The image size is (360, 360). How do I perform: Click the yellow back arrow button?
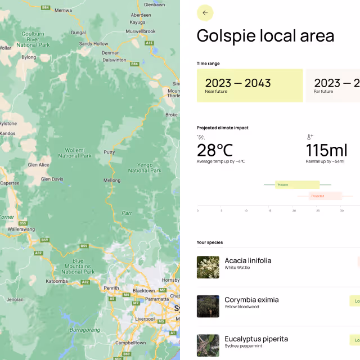[205, 13]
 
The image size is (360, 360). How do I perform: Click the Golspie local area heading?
[265, 36]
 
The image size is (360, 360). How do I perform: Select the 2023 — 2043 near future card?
[249, 85]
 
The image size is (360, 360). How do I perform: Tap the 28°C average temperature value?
[215, 150]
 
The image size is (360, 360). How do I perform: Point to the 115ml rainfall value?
[326, 150]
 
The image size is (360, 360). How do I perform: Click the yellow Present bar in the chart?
[297, 184]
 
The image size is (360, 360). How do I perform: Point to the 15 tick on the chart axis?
[270, 211]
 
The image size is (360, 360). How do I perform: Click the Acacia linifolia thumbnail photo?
[208, 267]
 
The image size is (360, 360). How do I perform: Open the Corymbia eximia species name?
[251, 300]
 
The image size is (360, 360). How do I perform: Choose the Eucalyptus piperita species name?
[256, 339]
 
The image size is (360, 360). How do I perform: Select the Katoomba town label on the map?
[57, 281]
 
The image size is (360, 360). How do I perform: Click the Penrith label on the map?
[111, 288]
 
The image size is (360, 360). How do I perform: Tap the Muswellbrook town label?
[141, 31]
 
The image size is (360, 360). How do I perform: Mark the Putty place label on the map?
[109, 152]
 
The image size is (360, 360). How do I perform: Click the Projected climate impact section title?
[222, 128]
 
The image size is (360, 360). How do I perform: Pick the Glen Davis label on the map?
[52, 179]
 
